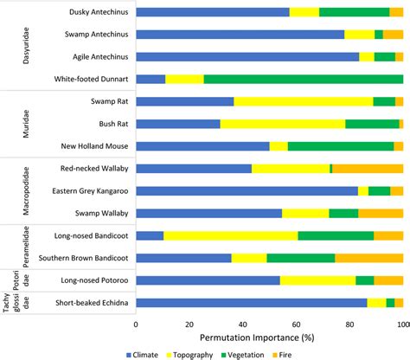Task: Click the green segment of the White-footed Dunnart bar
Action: pos(303,80)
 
